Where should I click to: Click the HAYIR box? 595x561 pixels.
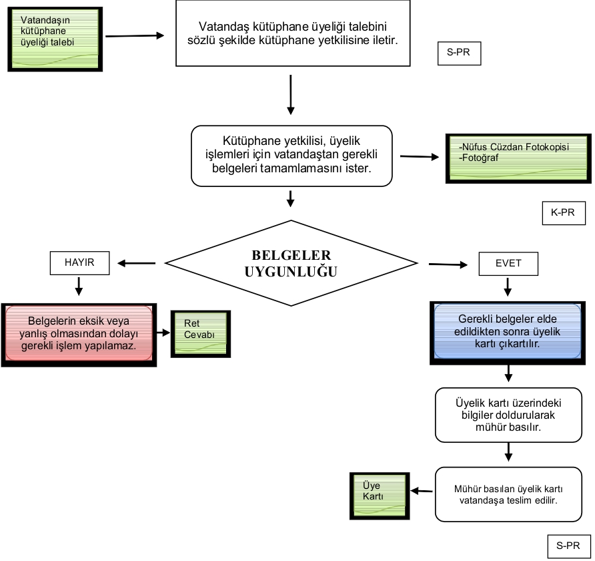79,263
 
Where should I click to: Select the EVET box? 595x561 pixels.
508,264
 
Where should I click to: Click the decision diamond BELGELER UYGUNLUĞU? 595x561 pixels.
291,264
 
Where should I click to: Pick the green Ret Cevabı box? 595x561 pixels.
201,333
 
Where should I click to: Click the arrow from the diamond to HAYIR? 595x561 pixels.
137,263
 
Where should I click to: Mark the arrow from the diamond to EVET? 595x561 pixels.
448,264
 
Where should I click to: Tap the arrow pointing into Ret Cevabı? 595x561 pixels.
163,332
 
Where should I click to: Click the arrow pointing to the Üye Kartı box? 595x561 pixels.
422,492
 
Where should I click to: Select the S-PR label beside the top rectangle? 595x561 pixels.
459,53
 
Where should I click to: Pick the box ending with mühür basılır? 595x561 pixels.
508,414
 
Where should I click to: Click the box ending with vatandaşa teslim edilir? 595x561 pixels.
508,494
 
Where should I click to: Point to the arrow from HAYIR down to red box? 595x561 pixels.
79,286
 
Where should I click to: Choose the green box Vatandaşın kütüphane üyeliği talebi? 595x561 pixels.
55,39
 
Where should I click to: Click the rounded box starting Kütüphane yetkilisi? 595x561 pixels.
291,155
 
